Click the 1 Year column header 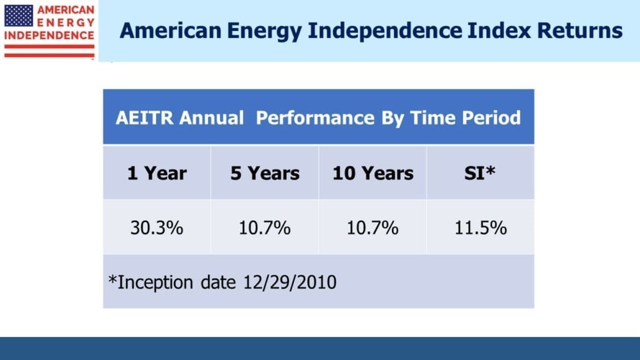click(157, 173)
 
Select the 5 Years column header click(265, 173)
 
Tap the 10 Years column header click(373, 173)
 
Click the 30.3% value click(157, 227)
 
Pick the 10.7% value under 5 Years click(265, 227)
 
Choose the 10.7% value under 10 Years click(372, 227)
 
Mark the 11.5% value click(480, 227)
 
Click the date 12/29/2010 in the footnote click(290, 282)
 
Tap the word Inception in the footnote click(155, 282)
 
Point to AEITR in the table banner click(145, 118)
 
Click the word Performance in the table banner click(315, 118)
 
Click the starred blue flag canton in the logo click(19, 16)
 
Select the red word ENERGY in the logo click(66, 22)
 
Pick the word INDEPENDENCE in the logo click(49, 35)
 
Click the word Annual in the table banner click(211, 118)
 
